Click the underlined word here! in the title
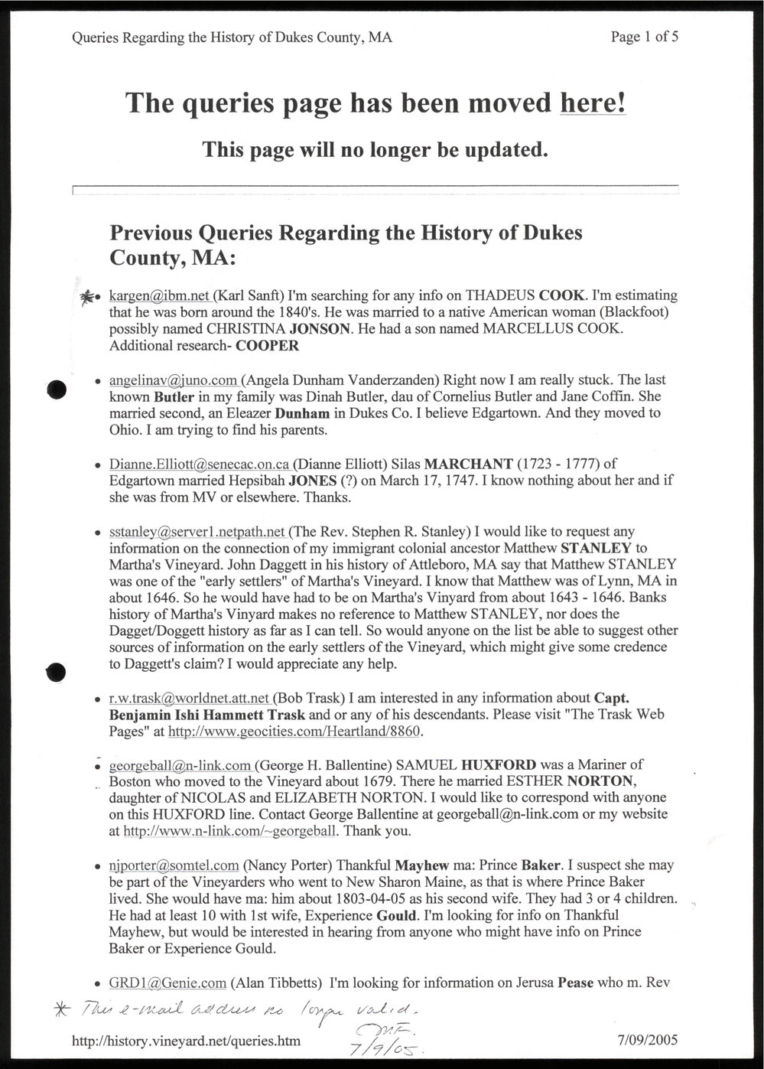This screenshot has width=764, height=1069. (x=593, y=103)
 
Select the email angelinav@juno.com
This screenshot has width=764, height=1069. (x=174, y=380)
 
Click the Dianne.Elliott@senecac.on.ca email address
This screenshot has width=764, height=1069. (x=200, y=464)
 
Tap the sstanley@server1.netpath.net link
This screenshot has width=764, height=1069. (x=198, y=531)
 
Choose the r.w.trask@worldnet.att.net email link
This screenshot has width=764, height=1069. (x=189, y=698)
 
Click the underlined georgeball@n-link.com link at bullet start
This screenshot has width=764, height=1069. (x=180, y=764)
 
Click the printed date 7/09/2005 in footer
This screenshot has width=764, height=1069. (x=646, y=1041)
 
